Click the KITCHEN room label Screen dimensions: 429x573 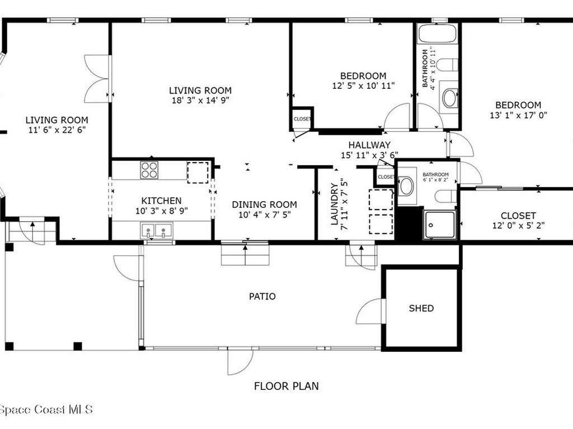pyautogui.click(x=161, y=201)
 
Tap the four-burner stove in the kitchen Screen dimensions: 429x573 pyautogui.click(x=149, y=170)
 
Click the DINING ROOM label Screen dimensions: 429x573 pyautogui.click(x=264, y=204)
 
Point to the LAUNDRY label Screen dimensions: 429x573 pyautogui.click(x=335, y=204)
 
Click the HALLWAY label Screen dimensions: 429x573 pyautogui.click(x=369, y=145)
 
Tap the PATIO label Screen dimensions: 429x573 pyautogui.click(x=262, y=296)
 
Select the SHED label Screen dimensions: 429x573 pyautogui.click(x=421, y=308)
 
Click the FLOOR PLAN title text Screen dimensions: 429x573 pyautogui.click(x=286, y=385)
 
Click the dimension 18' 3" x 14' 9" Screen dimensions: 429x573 pyautogui.click(x=200, y=101)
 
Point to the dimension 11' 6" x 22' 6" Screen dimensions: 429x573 pyautogui.click(x=57, y=130)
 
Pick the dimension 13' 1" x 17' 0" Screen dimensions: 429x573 pyautogui.click(x=518, y=115)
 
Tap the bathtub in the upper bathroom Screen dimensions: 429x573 pyautogui.click(x=438, y=34)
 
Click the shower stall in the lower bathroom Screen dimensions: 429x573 pyautogui.click(x=439, y=225)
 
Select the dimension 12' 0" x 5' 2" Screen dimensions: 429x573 pyautogui.click(x=518, y=226)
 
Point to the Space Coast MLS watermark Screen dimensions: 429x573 pyautogui.click(x=46, y=409)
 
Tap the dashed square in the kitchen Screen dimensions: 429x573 pyautogui.click(x=198, y=172)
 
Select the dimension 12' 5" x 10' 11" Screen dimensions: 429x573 pyautogui.click(x=363, y=86)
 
